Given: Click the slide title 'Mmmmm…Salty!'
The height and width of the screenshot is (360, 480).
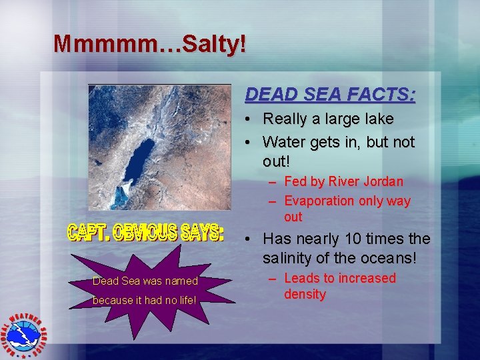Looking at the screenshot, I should tap(150, 44).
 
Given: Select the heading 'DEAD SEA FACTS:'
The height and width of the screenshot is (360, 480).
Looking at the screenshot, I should tap(330, 95).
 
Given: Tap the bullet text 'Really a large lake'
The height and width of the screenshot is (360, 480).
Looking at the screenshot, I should tap(328, 119).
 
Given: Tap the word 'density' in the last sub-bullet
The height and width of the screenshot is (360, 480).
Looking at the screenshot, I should tap(305, 294).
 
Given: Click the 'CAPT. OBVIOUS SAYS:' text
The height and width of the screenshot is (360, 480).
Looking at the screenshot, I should tap(146, 233).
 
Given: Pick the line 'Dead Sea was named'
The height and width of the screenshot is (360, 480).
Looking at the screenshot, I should tap(145, 281).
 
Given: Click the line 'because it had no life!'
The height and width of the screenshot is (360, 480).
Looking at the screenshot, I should tap(145, 300).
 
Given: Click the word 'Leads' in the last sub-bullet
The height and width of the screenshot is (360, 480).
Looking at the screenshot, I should tap(303, 278).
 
